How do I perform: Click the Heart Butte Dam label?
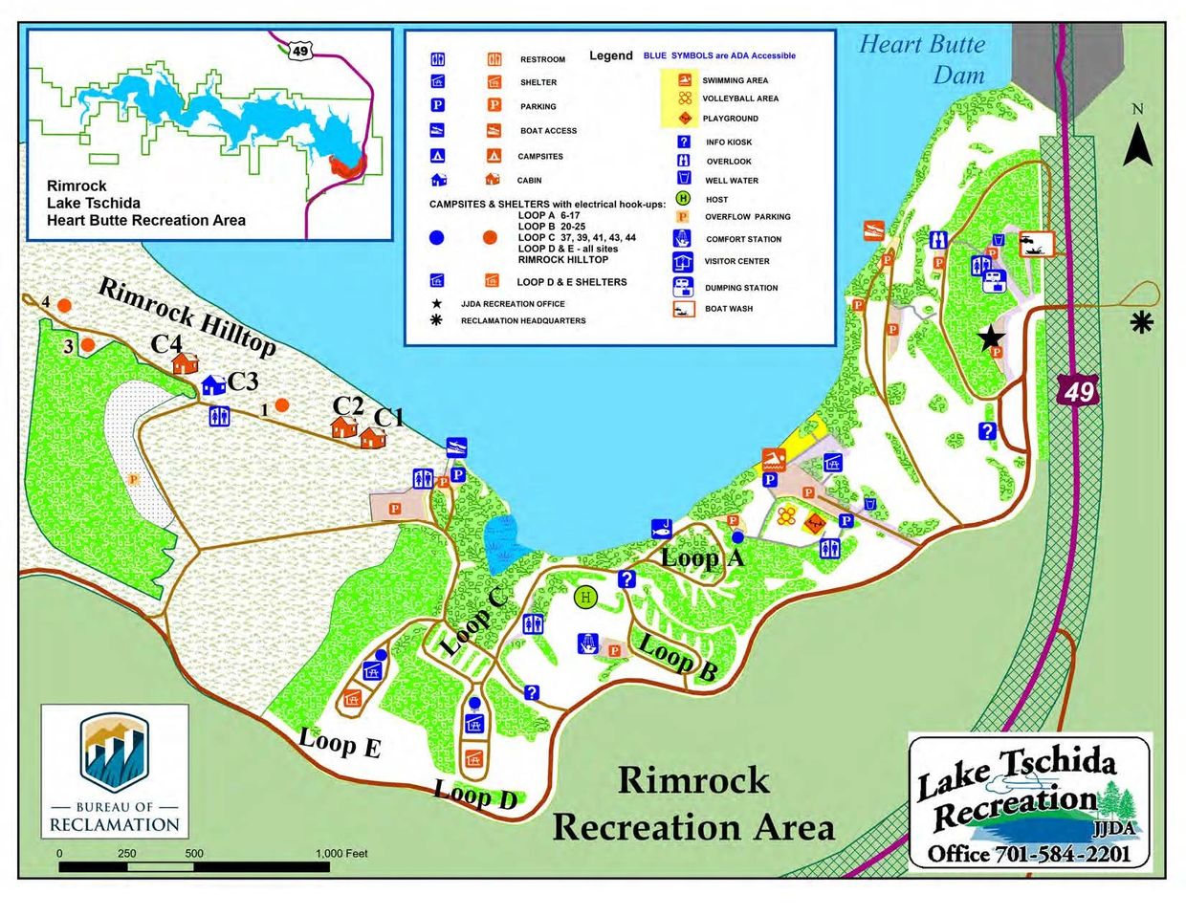point(921,59)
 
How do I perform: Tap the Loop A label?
point(702,557)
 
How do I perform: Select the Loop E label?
point(340,742)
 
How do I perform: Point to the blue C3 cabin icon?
point(212,384)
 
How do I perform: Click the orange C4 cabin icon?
point(185,363)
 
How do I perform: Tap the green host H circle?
point(585,598)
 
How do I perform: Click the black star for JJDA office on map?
point(991,337)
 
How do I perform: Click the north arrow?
point(1137,142)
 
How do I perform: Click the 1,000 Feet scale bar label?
point(340,853)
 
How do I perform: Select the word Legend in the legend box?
point(610,55)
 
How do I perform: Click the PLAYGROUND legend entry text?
point(730,119)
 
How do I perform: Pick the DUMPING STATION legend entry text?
point(741,288)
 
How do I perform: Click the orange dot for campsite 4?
point(64,305)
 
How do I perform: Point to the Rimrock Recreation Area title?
point(693,803)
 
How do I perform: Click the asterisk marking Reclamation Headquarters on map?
point(1141,323)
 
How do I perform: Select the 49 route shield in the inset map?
point(300,51)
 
